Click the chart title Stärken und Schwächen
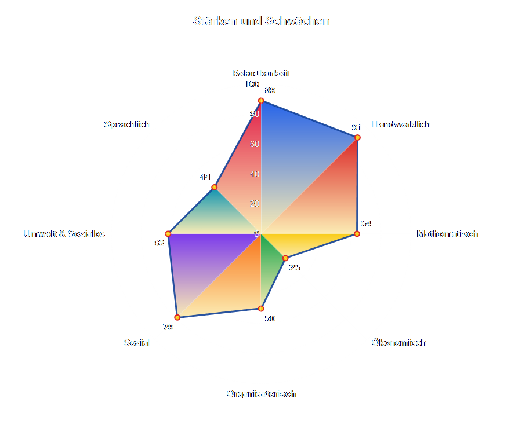pos(261,21)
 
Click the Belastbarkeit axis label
pos(261,74)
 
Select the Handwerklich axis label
pos(401,124)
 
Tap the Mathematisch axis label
pos(447,234)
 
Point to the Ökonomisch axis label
pos(398,343)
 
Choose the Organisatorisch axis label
pos(261,394)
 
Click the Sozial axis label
pos(137,343)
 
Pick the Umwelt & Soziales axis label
pos(64,234)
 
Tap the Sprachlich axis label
pos(128,124)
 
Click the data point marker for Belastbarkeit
pos(261,101)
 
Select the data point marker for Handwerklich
pos(357,137)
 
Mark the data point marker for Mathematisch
pos(357,234)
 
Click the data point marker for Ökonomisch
pos(285,258)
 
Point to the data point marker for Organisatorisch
pos(261,309)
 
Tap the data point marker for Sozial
pos(177,317)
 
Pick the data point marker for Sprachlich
pos(214,187)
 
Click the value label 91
pos(357,127)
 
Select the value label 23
pos(295,267)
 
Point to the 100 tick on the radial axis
pos(252,85)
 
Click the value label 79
pos(168,328)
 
